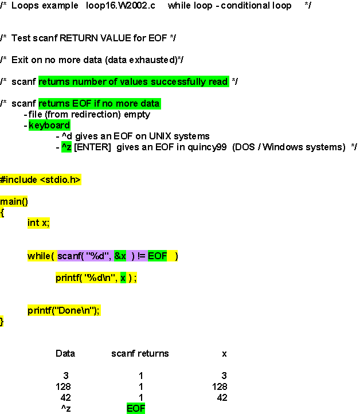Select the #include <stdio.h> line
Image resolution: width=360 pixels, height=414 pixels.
40,179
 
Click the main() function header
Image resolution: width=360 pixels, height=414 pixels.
14,201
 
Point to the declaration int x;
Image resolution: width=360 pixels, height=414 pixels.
38,223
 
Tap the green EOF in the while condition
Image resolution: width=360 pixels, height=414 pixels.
157,256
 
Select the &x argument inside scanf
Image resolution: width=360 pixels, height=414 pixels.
120,256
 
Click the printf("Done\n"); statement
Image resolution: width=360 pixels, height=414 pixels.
64,311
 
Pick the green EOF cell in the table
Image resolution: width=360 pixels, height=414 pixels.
136,408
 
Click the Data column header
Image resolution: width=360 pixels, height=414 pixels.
65,354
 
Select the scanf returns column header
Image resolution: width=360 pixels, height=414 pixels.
140,354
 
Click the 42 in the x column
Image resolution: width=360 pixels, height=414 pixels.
222,397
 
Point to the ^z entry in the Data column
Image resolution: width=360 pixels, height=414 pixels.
65,408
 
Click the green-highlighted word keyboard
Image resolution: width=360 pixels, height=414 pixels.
49,125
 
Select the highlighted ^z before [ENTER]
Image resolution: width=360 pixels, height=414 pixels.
66,147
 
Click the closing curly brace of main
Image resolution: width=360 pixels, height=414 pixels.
2,322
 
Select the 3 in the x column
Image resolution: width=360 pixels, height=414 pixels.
224,376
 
